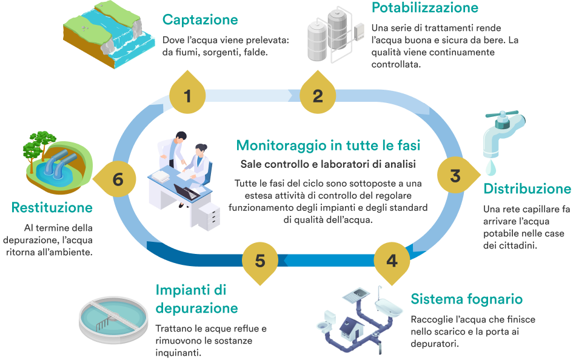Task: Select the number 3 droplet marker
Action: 455,176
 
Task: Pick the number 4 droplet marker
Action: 392,261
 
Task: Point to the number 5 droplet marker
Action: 260,261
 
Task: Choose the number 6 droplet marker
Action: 118,179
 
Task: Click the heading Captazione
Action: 200,20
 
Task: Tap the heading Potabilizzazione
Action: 424,8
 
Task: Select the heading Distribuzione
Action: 526,189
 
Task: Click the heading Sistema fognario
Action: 466,299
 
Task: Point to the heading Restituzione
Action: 52,208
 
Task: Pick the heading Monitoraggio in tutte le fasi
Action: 328,145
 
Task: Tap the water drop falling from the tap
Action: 491,165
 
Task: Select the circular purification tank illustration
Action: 113,319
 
